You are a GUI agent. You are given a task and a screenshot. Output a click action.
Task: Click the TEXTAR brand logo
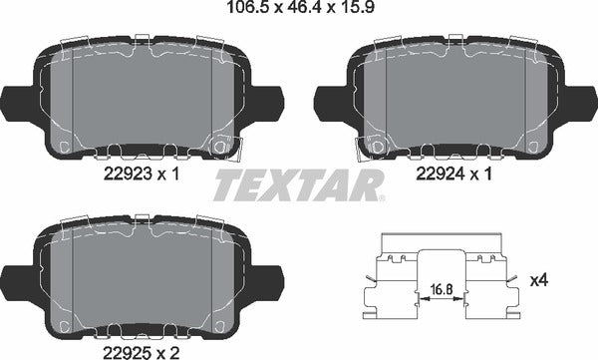coord(299,184)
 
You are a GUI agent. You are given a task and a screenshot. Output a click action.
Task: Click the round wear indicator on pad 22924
coord(377,148)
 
